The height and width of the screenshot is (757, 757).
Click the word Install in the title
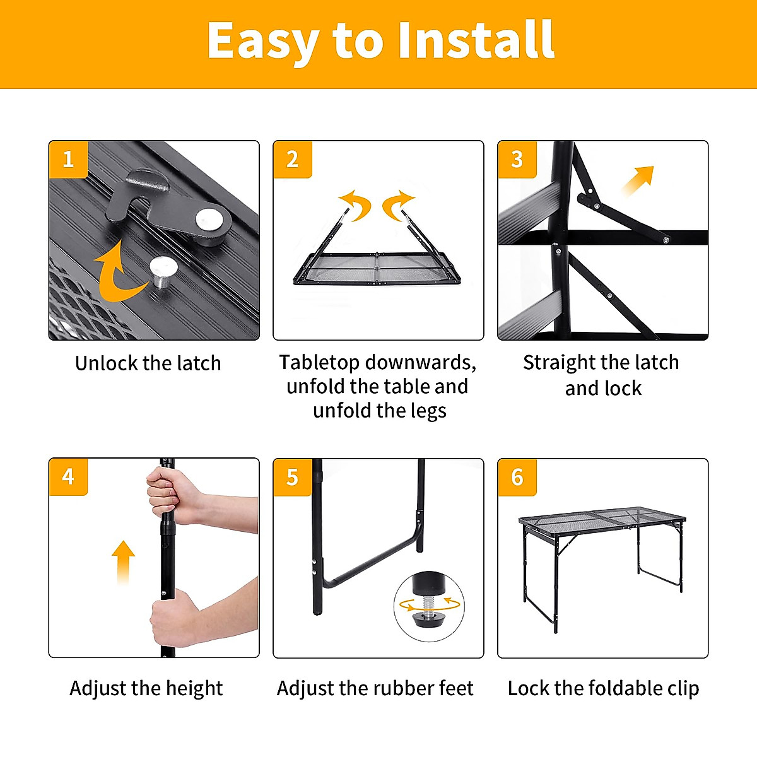[476, 40]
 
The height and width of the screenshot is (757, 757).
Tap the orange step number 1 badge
[68, 159]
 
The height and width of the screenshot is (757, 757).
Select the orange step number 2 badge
[293, 159]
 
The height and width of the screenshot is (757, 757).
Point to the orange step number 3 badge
[517, 159]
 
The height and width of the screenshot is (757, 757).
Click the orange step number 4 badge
[68, 476]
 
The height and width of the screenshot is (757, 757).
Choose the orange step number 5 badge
[293, 477]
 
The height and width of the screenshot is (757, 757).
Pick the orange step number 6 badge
[517, 477]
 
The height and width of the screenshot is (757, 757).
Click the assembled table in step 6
[602, 555]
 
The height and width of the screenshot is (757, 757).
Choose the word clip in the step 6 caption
[681, 688]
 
